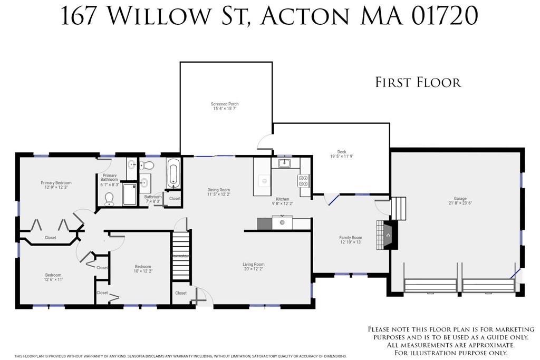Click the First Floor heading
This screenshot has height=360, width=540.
(418, 83)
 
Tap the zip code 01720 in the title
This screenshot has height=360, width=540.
(440, 16)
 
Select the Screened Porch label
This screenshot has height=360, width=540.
(225, 104)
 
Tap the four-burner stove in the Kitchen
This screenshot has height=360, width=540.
(303, 181)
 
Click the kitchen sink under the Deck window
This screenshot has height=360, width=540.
(284, 163)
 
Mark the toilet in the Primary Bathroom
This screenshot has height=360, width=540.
(110, 198)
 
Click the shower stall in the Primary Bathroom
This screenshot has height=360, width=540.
(130, 194)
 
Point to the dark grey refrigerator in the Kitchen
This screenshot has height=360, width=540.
(264, 223)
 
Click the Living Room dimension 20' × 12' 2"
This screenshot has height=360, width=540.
(254, 269)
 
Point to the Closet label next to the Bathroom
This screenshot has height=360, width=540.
(175, 199)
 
